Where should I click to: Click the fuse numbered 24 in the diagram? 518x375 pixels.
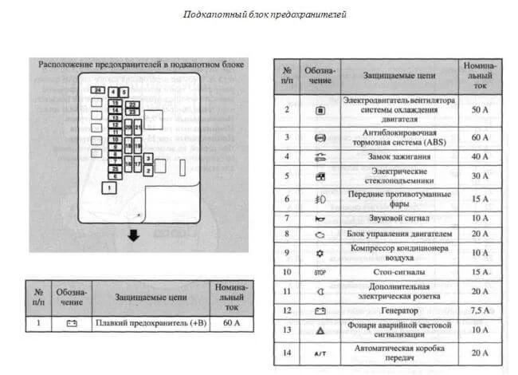tap(96, 92)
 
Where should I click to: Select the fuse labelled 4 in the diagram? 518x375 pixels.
tap(114, 93)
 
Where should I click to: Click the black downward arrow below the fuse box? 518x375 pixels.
tap(134, 235)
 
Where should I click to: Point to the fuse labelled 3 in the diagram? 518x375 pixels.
tap(148, 159)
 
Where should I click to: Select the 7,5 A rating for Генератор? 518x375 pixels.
tap(480, 310)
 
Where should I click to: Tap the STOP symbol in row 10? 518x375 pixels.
tap(320, 272)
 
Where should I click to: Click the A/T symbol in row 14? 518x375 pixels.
tap(320, 351)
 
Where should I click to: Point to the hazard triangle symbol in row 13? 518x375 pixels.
tap(320, 330)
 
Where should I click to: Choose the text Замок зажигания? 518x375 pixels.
tap(398, 156)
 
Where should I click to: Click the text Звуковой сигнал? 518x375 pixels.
tap(398, 217)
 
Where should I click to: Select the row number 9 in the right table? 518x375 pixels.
tap(287, 252)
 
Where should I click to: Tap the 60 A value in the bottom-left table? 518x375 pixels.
tap(229, 324)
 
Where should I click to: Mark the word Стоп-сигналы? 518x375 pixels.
tap(398, 272)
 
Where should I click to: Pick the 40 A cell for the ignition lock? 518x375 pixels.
tap(480, 156)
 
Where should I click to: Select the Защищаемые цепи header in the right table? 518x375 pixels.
tap(398, 74)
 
